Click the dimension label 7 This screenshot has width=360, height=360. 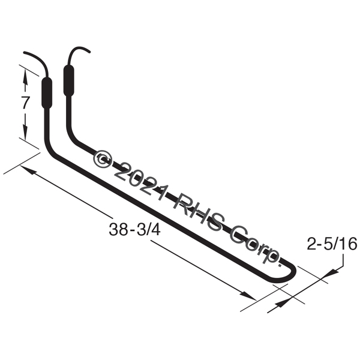point(26,103)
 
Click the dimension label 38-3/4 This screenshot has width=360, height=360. point(134,229)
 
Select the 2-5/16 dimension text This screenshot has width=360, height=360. point(332,244)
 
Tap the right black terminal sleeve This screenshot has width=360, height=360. point(68,80)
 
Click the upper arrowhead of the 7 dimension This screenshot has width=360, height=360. point(25,77)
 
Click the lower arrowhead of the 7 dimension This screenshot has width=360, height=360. point(25,132)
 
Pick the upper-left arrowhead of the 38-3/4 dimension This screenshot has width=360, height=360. point(28,169)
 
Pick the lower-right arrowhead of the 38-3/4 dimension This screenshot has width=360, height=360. point(248,296)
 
